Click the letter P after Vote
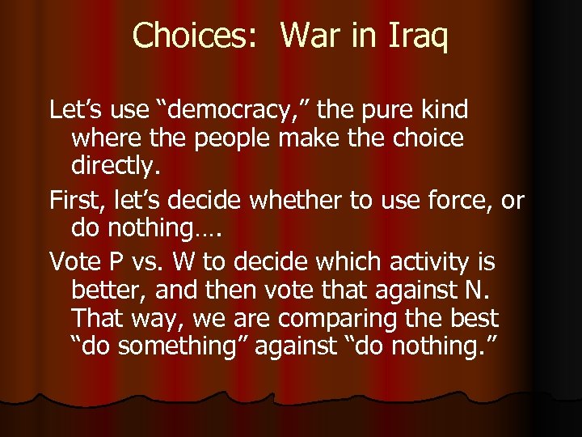[x=120, y=261]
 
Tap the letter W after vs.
[x=191, y=261]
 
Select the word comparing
[x=358, y=318]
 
